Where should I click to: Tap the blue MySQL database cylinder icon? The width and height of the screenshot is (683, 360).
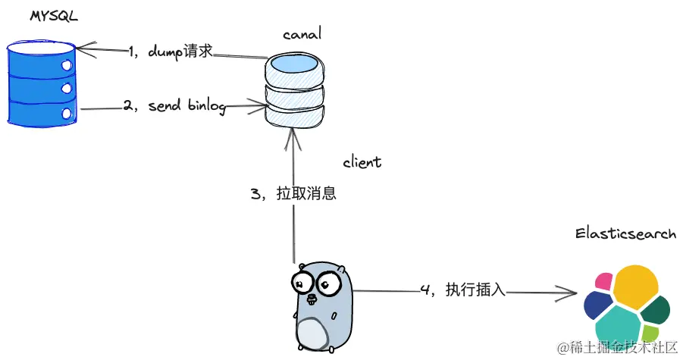pyautogui.click(x=42, y=83)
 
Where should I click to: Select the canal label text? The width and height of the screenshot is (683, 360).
pyautogui.click(x=301, y=35)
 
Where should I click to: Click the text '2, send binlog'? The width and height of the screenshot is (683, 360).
pyautogui.click(x=175, y=106)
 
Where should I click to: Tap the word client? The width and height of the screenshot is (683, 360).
pyautogui.click(x=362, y=162)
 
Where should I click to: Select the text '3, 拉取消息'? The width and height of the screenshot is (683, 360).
pyautogui.click(x=293, y=193)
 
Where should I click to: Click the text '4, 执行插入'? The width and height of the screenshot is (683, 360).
pyautogui.click(x=462, y=290)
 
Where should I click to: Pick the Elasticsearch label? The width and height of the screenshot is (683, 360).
pyautogui.click(x=625, y=234)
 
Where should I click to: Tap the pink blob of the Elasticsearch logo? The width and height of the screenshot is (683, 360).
pyautogui.click(x=604, y=282)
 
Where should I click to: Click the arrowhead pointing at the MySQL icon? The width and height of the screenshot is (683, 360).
pyautogui.click(x=82, y=51)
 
